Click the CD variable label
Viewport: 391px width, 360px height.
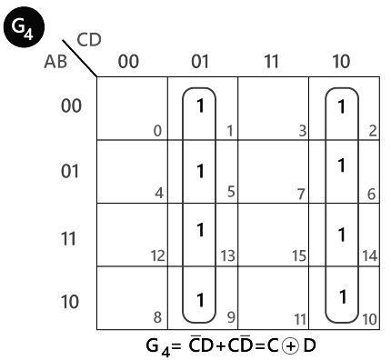point(89,40)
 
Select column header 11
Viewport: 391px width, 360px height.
point(271,61)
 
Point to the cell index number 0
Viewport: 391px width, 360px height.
point(157,133)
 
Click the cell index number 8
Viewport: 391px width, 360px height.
point(157,318)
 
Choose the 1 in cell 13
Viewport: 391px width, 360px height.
point(199,231)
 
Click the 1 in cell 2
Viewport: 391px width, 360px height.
point(341,106)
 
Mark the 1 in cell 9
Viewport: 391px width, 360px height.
point(199,296)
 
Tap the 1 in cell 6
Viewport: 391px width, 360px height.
point(341,166)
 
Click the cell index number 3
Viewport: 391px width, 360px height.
point(299,133)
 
